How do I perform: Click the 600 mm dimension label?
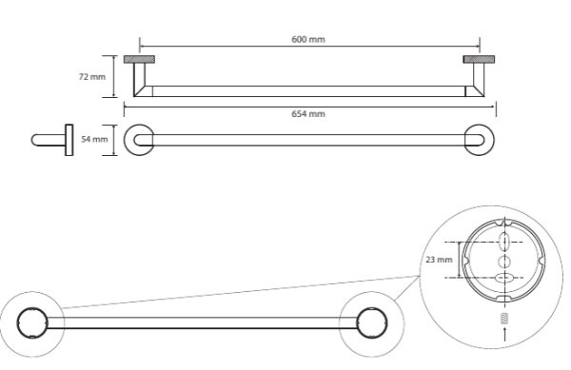pyautogui.click(x=308, y=39)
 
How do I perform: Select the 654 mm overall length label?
pyautogui.click(x=308, y=114)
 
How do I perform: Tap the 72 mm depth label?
pyautogui.click(x=92, y=77)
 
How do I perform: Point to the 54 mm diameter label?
pyautogui.click(x=94, y=139)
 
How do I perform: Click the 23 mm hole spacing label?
pyautogui.click(x=439, y=260)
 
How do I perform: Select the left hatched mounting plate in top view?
pyautogui.click(x=139, y=59)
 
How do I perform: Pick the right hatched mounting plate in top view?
pyautogui.click(x=479, y=59)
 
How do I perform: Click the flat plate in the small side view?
pyautogui.click(x=69, y=140)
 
